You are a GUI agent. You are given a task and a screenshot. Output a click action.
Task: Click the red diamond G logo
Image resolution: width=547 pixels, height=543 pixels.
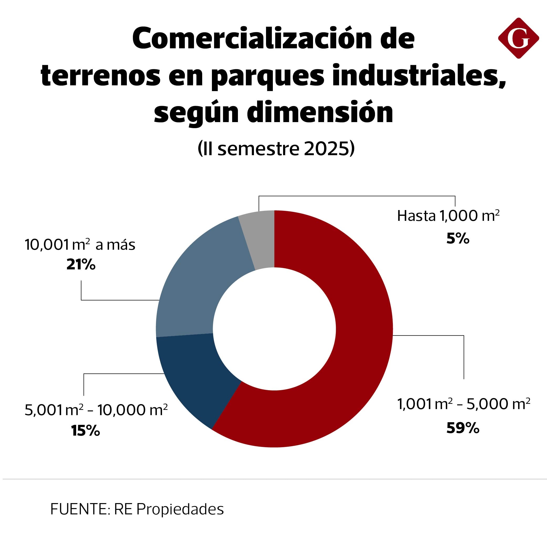point(518,38)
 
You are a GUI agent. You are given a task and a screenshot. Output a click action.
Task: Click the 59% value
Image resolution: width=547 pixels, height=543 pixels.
point(463,428)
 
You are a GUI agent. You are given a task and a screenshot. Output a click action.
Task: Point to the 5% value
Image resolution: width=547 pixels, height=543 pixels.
point(458,239)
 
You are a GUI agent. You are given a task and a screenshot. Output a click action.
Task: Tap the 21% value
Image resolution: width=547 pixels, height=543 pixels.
point(81,265)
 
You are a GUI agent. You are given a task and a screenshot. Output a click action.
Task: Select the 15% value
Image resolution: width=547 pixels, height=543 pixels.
point(86,431)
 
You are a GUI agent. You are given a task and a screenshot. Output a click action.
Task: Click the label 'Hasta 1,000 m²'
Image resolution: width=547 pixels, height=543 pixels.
point(448,216)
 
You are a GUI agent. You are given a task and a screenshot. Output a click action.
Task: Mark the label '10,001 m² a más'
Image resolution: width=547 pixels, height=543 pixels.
point(80,245)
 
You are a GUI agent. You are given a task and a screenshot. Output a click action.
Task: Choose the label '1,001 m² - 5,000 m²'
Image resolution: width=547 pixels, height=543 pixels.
point(464,404)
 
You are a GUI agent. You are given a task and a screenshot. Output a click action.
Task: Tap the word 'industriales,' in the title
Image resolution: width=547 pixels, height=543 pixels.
point(419,76)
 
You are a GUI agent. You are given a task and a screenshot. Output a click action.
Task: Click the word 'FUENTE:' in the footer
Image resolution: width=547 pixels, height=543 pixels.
point(79,509)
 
